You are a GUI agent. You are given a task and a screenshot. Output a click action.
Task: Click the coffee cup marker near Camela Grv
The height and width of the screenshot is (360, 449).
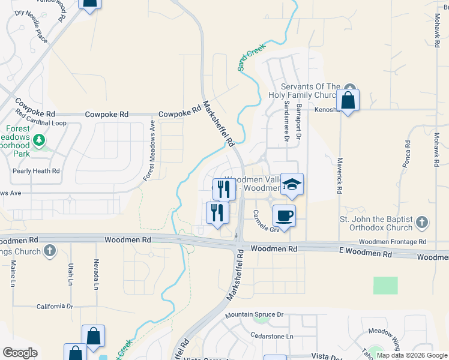[x=284, y=215]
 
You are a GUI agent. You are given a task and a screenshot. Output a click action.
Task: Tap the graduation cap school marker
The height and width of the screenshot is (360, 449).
[x=292, y=184]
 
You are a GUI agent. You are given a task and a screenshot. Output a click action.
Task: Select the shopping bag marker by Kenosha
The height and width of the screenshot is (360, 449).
[x=348, y=100]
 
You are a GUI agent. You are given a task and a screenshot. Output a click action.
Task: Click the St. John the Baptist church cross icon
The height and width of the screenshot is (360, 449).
[x=423, y=223]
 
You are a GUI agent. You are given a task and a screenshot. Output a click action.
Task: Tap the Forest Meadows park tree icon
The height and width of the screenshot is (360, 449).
[x=40, y=140]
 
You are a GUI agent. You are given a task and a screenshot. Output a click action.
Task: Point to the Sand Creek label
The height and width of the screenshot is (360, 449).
[x=252, y=56]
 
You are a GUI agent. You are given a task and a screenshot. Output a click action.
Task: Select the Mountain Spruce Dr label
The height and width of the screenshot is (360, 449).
[x=254, y=314]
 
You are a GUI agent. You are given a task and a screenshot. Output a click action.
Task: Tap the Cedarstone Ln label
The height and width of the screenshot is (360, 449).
[x=272, y=336]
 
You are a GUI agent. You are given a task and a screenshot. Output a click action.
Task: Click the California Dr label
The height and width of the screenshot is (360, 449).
[x=55, y=306]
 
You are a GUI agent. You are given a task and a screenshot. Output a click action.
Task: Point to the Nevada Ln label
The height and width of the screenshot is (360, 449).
[x=95, y=273]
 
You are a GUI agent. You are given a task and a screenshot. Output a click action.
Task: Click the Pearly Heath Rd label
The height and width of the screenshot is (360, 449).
[x=37, y=171]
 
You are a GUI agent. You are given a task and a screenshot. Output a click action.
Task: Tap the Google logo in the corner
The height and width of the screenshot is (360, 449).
[x=20, y=353]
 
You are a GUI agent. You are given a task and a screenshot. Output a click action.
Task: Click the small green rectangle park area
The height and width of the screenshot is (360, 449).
[x=385, y=285]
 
